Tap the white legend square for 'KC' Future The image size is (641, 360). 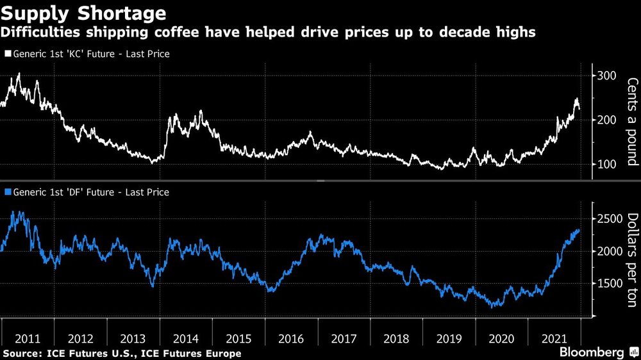tap(7, 54)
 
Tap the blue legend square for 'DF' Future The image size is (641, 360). tap(7, 192)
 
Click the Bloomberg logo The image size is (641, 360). tap(592, 352)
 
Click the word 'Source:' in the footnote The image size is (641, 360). tap(23, 354)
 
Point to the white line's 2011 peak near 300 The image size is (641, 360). tap(18, 74)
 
